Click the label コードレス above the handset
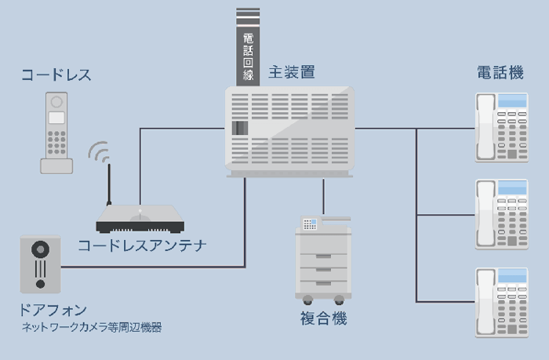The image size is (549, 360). click(x=56, y=75)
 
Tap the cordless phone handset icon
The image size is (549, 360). click(x=56, y=132)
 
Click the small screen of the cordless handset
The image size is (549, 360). click(x=56, y=117)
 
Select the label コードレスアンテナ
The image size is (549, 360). click(x=142, y=245)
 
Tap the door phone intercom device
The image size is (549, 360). click(x=40, y=264)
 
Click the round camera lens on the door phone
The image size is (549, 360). click(x=40, y=249)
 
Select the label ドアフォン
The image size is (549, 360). click(x=54, y=310)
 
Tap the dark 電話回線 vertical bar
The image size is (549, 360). click(x=248, y=47)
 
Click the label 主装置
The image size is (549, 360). click(x=292, y=72)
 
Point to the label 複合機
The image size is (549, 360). click(x=323, y=318)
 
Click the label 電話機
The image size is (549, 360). click(x=500, y=73)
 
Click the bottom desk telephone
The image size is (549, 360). click(x=501, y=302)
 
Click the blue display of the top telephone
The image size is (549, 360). click(x=512, y=100)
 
